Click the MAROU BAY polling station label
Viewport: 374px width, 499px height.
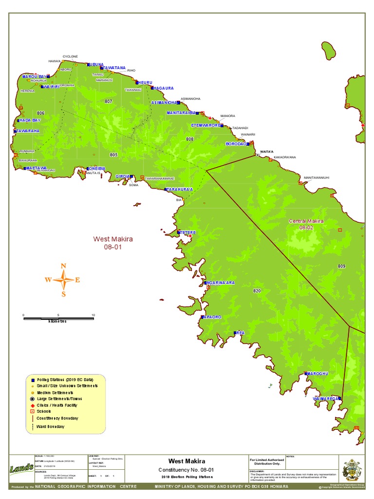[x=34, y=77]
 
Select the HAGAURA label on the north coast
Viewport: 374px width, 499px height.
[x=163, y=88]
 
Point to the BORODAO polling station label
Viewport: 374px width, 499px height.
[x=236, y=144]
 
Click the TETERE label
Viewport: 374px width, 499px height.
[x=187, y=233]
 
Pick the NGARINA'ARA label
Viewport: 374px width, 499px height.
[x=221, y=283]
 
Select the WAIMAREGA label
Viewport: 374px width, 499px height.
[x=325, y=399]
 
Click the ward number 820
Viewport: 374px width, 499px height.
[x=257, y=291]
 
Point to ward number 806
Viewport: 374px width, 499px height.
[x=40, y=113]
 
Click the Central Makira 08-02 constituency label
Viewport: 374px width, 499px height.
[x=306, y=224]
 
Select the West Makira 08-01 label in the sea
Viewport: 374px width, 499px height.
[x=113, y=243]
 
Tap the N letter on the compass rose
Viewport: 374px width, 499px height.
[x=63, y=266]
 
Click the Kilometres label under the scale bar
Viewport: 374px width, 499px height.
[x=58, y=321]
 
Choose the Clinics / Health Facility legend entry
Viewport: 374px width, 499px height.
[x=56, y=405]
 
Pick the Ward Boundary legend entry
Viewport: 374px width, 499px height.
[x=50, y=426]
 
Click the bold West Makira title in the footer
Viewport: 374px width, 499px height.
[x=187, y=461]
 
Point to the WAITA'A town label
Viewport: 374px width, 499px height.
[x=266, y=152]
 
